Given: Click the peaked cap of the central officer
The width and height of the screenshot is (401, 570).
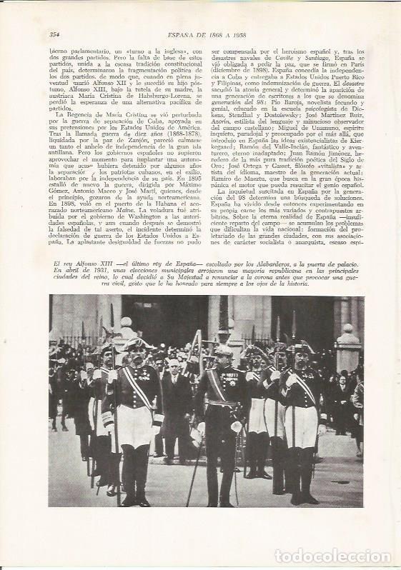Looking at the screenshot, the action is (223, 351).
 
